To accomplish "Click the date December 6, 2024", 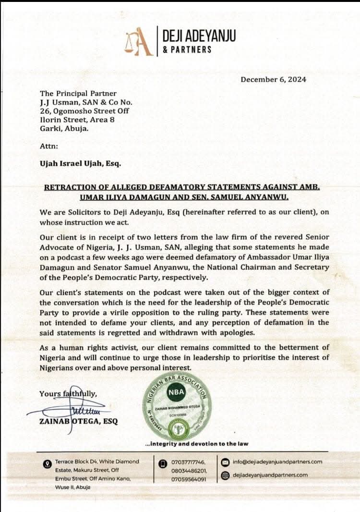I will (273, 80).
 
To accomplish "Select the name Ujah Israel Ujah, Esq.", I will (80, 163).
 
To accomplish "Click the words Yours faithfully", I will (68, 394).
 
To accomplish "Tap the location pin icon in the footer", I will (47, 463).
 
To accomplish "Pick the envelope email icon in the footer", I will (225, 462).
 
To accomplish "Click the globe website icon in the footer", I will (225, 475).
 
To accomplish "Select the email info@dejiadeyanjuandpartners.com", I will (277, 462).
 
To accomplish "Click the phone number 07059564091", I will (189, 479).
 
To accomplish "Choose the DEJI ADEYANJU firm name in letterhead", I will (199, 35).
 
